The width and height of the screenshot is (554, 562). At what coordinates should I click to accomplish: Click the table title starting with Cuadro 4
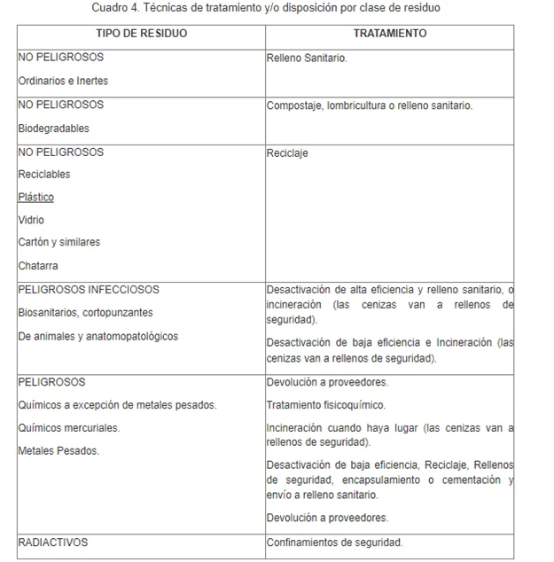point(266,8)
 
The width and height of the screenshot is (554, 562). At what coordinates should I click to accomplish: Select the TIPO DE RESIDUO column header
point(141,34)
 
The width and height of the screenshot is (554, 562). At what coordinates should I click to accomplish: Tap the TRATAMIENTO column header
point(389,34)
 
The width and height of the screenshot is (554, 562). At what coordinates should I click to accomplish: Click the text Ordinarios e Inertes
point(63,81)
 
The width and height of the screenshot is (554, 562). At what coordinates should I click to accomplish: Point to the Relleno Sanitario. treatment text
point(307,58)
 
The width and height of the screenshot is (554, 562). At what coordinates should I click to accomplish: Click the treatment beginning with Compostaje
point(370,105)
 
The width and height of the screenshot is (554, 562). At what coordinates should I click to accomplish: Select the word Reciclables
point(44,175)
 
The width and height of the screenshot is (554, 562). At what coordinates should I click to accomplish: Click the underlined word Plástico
point(35,197)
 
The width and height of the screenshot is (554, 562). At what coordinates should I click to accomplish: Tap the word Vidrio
point(31,220)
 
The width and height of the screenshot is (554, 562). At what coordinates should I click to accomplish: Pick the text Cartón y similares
point(59,242)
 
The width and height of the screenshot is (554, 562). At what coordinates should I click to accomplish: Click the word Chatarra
point(37,265)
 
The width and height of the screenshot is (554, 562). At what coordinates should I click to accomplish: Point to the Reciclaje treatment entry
point(287,153)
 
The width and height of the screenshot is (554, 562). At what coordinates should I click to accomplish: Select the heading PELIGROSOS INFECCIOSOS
point(89,289)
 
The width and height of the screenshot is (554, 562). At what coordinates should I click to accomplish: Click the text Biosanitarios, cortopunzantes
point(85,313)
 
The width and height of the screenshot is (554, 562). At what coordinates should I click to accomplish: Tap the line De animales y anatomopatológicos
point(98,336)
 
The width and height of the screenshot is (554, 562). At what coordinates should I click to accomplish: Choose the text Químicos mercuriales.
point(68,428)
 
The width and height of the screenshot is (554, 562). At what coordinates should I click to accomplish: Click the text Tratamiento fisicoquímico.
point(326,405)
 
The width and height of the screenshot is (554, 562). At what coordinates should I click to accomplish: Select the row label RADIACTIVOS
point(53,542)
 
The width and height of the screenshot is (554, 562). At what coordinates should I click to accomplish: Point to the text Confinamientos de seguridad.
point(334,542)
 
